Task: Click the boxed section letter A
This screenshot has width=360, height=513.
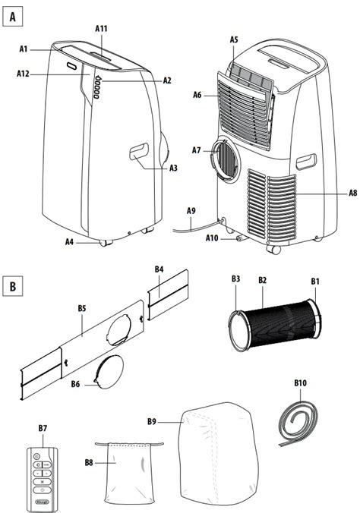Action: (x=12, y=17)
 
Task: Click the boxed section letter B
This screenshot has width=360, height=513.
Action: (x=12, y=286)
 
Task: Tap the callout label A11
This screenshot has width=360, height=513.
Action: (x=101, y=29)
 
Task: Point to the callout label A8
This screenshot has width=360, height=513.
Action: (x=352, y=193)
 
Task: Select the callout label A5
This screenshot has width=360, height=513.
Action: (x=234, y=39)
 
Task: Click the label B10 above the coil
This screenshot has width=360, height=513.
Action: (x=300, y=382)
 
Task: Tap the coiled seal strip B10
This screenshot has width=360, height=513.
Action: (x=298, y=423)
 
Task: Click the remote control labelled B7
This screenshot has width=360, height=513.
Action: (x=42, y=480)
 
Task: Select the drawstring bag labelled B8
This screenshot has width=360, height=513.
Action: (x=129, y=473)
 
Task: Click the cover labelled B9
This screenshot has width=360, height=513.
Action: (x=217, y=454)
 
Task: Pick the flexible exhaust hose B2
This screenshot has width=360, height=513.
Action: (x=274, y=325)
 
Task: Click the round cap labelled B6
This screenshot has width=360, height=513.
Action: (x=109, y=372)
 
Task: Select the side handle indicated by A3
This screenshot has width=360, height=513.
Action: (x=139, y=152)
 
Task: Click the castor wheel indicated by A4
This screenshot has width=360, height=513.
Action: (x=106, y=243)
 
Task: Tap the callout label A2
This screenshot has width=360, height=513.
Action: (x=167, y=80)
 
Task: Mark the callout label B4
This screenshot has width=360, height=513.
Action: (x=159, y=269)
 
